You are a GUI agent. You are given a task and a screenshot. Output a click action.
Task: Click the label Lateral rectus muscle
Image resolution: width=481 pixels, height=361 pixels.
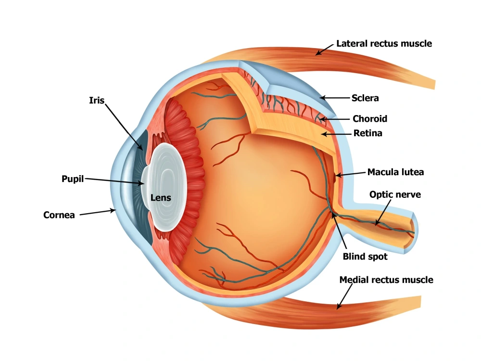[384, 44]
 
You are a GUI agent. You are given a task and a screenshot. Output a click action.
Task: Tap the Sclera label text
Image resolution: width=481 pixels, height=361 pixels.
[365, 98]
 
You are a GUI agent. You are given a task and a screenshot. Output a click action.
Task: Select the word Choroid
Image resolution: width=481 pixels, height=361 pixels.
[370, 118]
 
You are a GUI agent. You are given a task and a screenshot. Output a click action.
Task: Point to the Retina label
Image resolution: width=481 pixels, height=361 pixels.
[368, 133]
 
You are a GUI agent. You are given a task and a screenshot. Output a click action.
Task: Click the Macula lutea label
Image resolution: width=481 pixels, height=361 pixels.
[396, 172]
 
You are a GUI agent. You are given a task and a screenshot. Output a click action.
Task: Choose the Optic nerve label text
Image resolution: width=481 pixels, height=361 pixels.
[395, 194]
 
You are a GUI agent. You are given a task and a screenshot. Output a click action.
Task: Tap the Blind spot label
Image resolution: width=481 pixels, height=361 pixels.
[365, 257]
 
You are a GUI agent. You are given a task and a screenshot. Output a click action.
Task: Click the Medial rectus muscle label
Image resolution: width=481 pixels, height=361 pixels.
[386, 280]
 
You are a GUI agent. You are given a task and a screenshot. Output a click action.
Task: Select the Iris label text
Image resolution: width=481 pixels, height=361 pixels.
[97, 101]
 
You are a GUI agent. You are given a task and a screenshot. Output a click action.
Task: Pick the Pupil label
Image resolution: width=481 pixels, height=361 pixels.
[73, 179]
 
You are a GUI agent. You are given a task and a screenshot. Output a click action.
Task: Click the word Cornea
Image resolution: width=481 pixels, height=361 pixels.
[59, 215]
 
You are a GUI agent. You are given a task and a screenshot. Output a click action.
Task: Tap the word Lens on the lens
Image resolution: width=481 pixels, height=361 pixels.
[161, 198]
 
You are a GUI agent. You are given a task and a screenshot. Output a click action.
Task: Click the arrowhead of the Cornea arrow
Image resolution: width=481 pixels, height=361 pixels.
[114, 210]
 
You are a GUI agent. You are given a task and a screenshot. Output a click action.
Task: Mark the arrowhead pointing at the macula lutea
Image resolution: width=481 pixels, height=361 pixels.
[338, 175]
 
